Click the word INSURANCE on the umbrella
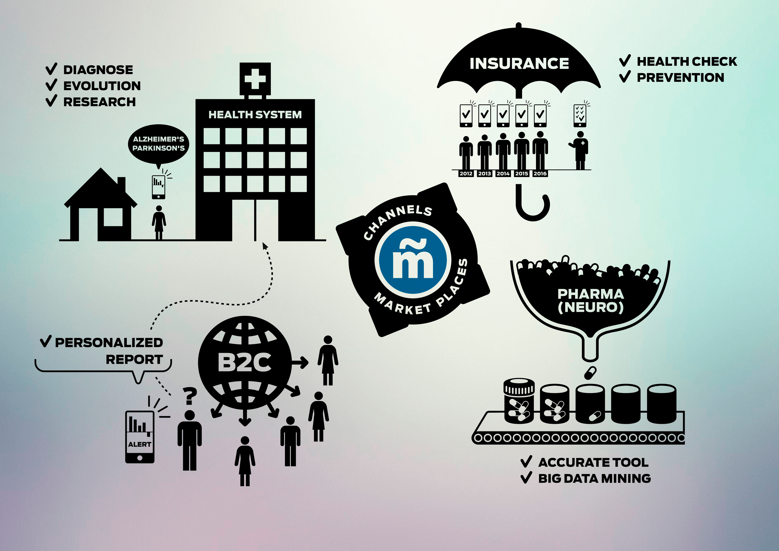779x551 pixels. (x=519, y=63)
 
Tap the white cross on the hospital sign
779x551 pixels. (x=255, y=79)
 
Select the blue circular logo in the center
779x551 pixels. (x=413, y=260)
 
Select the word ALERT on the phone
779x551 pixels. (x=140, y=444)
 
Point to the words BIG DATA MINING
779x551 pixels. (x=594, y=478)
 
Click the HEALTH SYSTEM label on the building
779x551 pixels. (x=255, y=115)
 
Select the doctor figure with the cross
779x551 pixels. (x=580, y=150)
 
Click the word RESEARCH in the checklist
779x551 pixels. (x=99, y=102)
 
